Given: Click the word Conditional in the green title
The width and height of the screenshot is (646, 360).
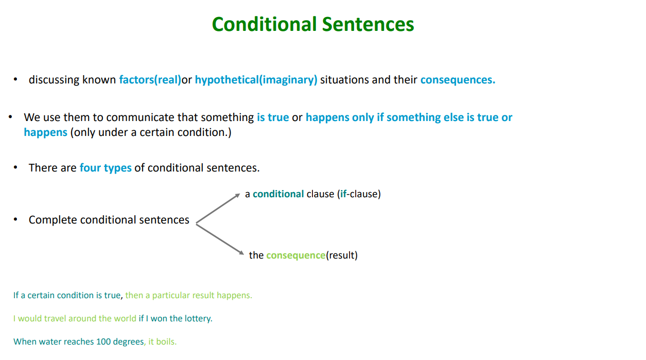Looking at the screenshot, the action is pyautogui.click(x=265, y=24).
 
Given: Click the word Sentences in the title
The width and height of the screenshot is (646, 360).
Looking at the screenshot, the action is pyautogui.click(x=368, y=24).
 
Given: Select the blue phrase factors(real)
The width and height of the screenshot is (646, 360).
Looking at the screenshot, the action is pyautogui.click(x=150, y=80).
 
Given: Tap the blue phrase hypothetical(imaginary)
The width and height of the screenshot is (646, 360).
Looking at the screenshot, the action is pyautogui.click(x=256, y=80).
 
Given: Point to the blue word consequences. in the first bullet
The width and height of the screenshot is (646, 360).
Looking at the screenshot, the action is pyautogui.click(x=458, y=80).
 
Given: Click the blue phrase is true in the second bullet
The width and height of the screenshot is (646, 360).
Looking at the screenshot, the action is pyautogui.click(x=273, y=117).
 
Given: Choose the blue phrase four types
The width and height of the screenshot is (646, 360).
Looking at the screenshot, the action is pyautogui.click(x=106, y=168).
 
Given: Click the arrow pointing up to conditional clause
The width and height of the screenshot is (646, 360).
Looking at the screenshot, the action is pyautogui.click(x=218, y=209).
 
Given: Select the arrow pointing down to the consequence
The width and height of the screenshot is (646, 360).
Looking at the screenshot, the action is pyautogui.click(x=220, y=239).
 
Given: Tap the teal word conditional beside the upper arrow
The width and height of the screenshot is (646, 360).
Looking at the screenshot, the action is pyautogui.click(x=278, y=194).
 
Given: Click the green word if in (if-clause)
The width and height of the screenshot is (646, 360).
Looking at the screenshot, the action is pyautogui.click(x=343, y=194).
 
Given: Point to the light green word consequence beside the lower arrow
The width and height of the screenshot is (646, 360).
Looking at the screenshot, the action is pyautogui.click(x=296, y=255).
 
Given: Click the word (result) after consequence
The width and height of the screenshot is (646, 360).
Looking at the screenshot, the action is pyautogui.click(x=342, y=255).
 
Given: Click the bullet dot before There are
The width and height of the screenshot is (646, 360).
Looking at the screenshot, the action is pyautogui.click(x=15, y=167).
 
